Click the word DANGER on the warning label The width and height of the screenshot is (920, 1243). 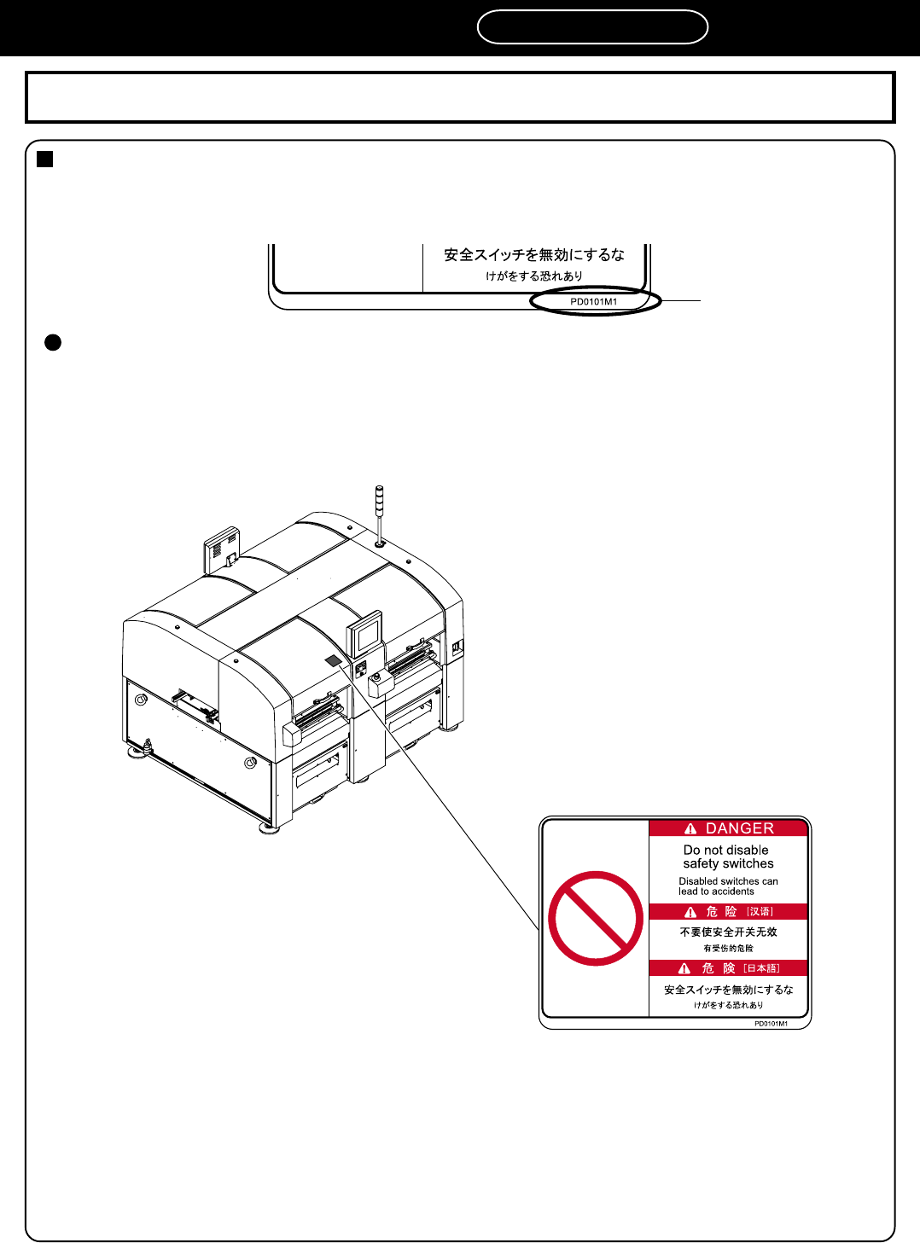[739, 828]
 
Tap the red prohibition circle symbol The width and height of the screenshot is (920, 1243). [596, 918]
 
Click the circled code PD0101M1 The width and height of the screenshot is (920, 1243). [594, 301]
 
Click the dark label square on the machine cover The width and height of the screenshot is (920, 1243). [333, 660]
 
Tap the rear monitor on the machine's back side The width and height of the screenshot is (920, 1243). [222, 549]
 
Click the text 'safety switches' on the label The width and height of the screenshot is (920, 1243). [728, 863]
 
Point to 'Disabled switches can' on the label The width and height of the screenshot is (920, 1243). [728, 881]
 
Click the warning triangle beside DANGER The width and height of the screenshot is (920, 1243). [690, 828]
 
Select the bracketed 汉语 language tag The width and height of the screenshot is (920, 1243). [760, 911]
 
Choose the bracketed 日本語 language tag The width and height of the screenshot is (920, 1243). [761, 968]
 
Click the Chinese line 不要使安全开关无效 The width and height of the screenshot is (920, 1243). [728, 932]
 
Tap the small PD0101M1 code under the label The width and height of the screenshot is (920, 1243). [771, 1024]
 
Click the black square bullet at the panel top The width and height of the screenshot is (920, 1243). [45, 159]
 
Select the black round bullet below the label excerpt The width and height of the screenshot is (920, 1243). [53, 342]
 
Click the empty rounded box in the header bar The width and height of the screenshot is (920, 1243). [592, 27]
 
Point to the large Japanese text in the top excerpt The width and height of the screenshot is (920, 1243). [534, 254]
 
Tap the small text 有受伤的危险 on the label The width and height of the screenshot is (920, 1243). [728, 948]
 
